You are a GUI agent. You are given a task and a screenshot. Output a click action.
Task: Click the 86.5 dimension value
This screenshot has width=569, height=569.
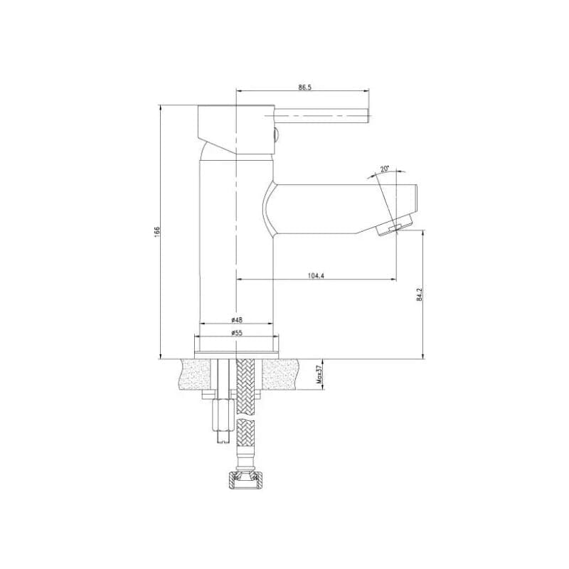pos(305,87)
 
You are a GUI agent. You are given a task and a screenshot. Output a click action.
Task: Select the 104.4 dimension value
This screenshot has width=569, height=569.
pos(315,275)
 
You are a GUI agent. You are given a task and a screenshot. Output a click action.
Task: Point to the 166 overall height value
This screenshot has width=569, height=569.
pos(156,231)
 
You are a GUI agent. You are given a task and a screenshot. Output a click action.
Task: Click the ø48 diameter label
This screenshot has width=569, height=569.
pos(237,319)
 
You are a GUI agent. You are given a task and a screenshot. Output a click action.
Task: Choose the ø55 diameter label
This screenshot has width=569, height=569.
pos(237,333)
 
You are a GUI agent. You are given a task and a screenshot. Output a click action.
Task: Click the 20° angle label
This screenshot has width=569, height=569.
pos(384,169)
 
